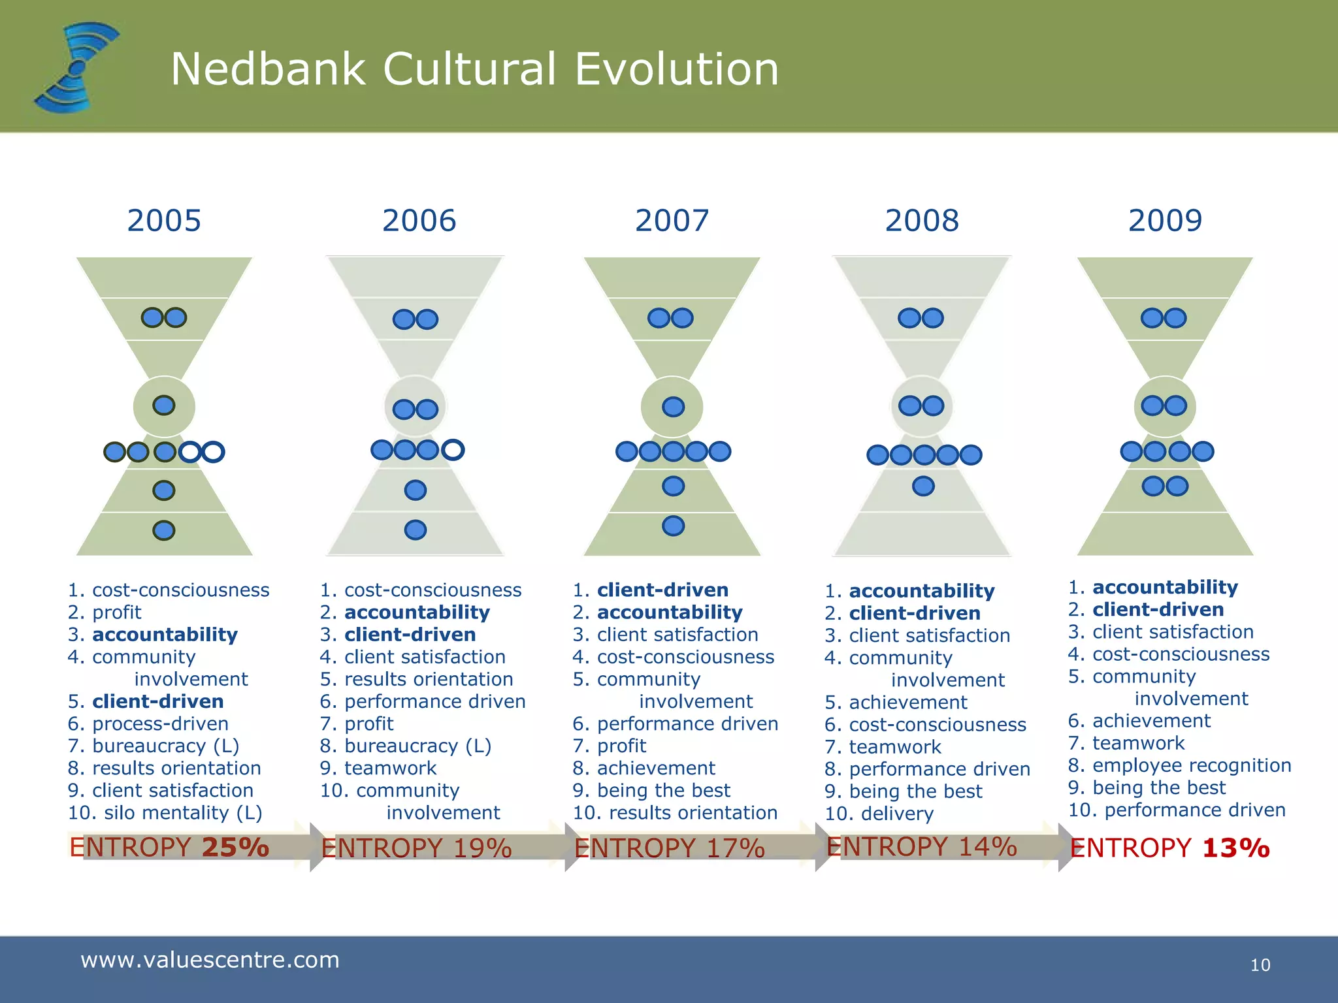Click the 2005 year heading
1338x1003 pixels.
point(164,221)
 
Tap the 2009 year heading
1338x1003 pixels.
point(1165,221)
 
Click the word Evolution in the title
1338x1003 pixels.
point(677,69)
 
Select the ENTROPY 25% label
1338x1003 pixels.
point(169,848)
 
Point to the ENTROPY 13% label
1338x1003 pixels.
point(1169,848)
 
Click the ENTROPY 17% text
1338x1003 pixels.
point(669,848)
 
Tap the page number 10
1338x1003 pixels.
point(1260,965)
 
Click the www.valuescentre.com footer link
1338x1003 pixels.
point(210,960)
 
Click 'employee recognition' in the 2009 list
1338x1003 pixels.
point(1192,765)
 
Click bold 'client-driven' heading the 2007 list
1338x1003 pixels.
point(662,590)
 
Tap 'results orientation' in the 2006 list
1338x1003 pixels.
point(429,679)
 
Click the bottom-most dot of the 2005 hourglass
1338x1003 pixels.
point(163,530)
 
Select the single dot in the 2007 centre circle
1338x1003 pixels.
point(673,407)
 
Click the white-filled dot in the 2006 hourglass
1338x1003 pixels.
point(453,450)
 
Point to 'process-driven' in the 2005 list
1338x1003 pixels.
point(160,724)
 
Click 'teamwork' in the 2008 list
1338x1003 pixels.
point(895,747)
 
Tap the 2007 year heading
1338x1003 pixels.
point(672,221)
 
